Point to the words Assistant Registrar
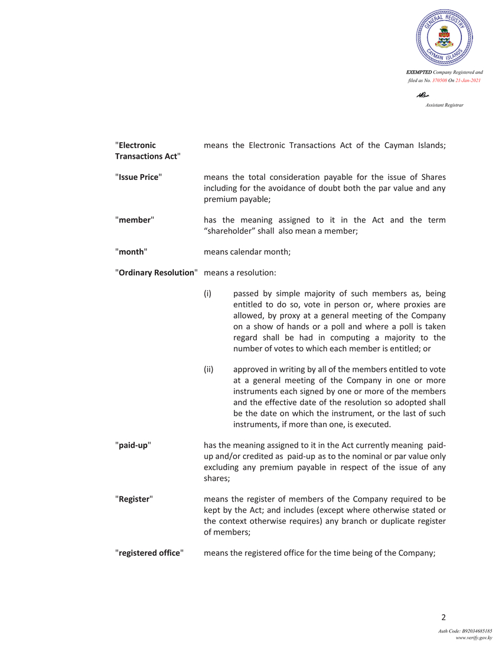pyautogui.click(x=444, y=105)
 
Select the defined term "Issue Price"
pyautogui.click(x=139, y=178)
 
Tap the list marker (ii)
pyautogui.click(x=208, y=369)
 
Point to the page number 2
pyautogui.click(x=443, y=618)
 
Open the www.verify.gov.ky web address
pyautogui.click(x=474, y=638)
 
